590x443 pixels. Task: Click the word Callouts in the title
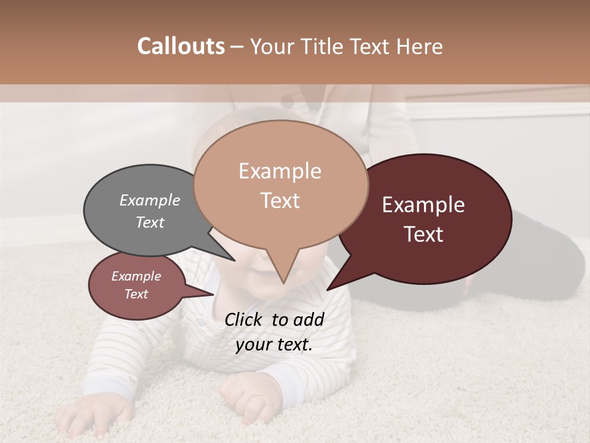click(x=181, y=46)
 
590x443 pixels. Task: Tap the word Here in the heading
click(x=421, y=46)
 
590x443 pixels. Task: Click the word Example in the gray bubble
click(x=149, y=201)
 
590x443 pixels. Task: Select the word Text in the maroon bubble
click(x=423, y=234)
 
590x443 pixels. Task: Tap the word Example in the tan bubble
click(x=280, y=171)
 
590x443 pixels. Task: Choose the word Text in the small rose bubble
click(x=136, y=294)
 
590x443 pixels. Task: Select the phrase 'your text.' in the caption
click(x=274, y=345)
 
